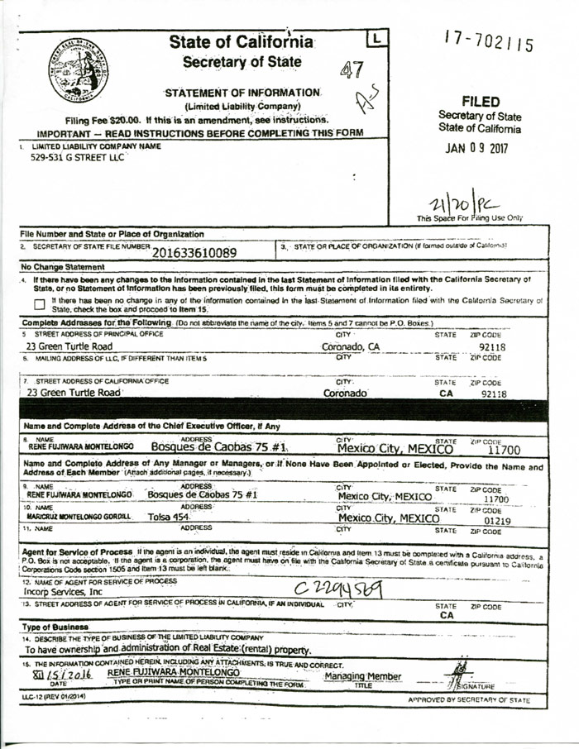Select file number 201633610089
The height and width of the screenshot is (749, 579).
point(194,251)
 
